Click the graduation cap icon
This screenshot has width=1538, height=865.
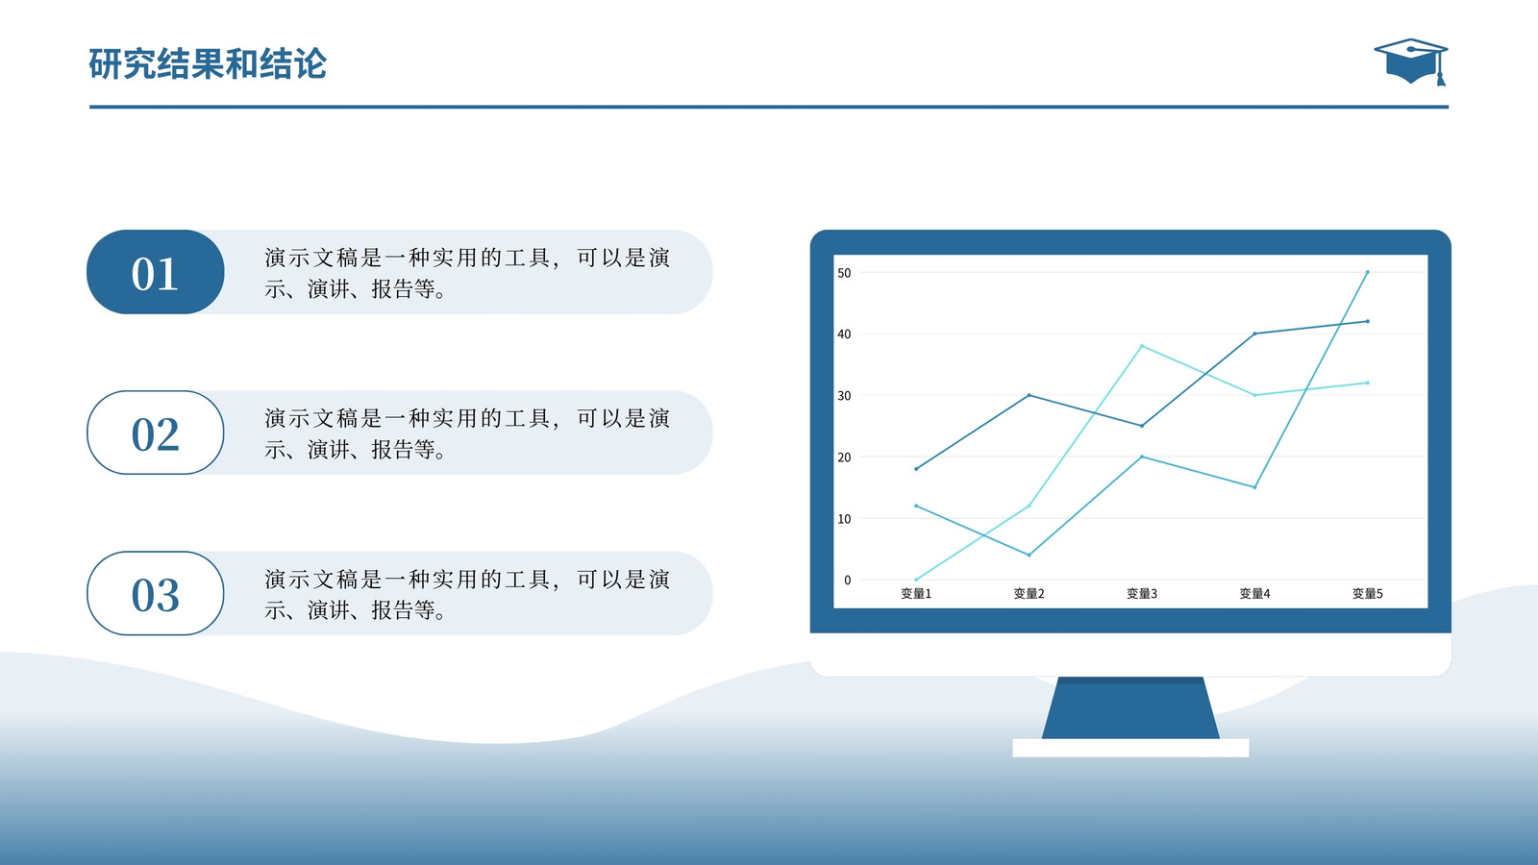pyautogui.click(x=1410, y=62)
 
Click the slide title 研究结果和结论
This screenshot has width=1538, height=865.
pyautogui.click(x=208, y=64)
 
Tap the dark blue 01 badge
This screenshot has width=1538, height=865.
pyautogui.click(x=155, y=272)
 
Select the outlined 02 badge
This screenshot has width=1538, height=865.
pyautogui.click(x=155, y=432)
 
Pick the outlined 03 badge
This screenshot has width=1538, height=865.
pyautogui.click(x=155, y=593)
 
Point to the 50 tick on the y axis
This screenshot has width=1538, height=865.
pyautogui.click(x=844, y=273)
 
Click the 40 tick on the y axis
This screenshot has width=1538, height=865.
pyautogui.click(x=844, y=334)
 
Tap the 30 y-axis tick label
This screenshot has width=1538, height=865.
pyautogui.click(x=844, y=396)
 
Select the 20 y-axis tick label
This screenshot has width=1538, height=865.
pyautogui.click(x=844, y=457)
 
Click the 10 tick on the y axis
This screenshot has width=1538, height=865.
pyautogui.click(x=844, y=519)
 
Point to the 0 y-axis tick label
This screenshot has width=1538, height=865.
pyautogui.click(x=847, y=581)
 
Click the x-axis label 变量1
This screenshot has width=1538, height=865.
pyautogui.click(x=916, y=594)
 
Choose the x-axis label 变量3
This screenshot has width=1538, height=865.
pyautogui.click(x=1142, y=594)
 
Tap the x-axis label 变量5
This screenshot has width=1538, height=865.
pyautogui.click(x=1368, y=594)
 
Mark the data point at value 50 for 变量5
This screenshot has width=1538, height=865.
pyautogui.click(x=1368, y=273)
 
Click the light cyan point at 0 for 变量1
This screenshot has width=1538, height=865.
pyautogui.click(x=916, y=580)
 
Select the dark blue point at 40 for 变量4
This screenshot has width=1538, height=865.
pyautogui.click(x=1255, y=334)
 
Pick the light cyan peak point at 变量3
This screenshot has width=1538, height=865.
pyautogui.click(x=1142, y=346)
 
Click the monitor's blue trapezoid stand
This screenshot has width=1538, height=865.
pyautogui.click(x=1130, y=707)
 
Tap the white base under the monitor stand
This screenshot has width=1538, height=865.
pyautogui.click(x=1130, y=749)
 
